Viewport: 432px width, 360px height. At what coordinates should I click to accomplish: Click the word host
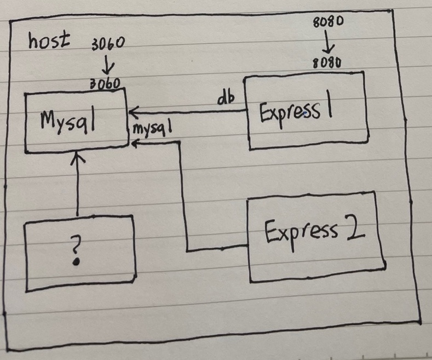click(x=50, y=40)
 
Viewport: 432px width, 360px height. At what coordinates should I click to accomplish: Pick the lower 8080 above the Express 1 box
click(x=327, y=63)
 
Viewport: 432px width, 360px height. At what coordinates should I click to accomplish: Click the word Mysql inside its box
click(x=68, y=119)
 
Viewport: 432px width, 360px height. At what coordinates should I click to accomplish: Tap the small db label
click(x=225, y=99)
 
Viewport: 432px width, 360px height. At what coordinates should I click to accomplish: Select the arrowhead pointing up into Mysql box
click(x=77, y=158)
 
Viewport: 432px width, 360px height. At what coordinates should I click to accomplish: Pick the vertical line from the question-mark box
click(x=77, y=186)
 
